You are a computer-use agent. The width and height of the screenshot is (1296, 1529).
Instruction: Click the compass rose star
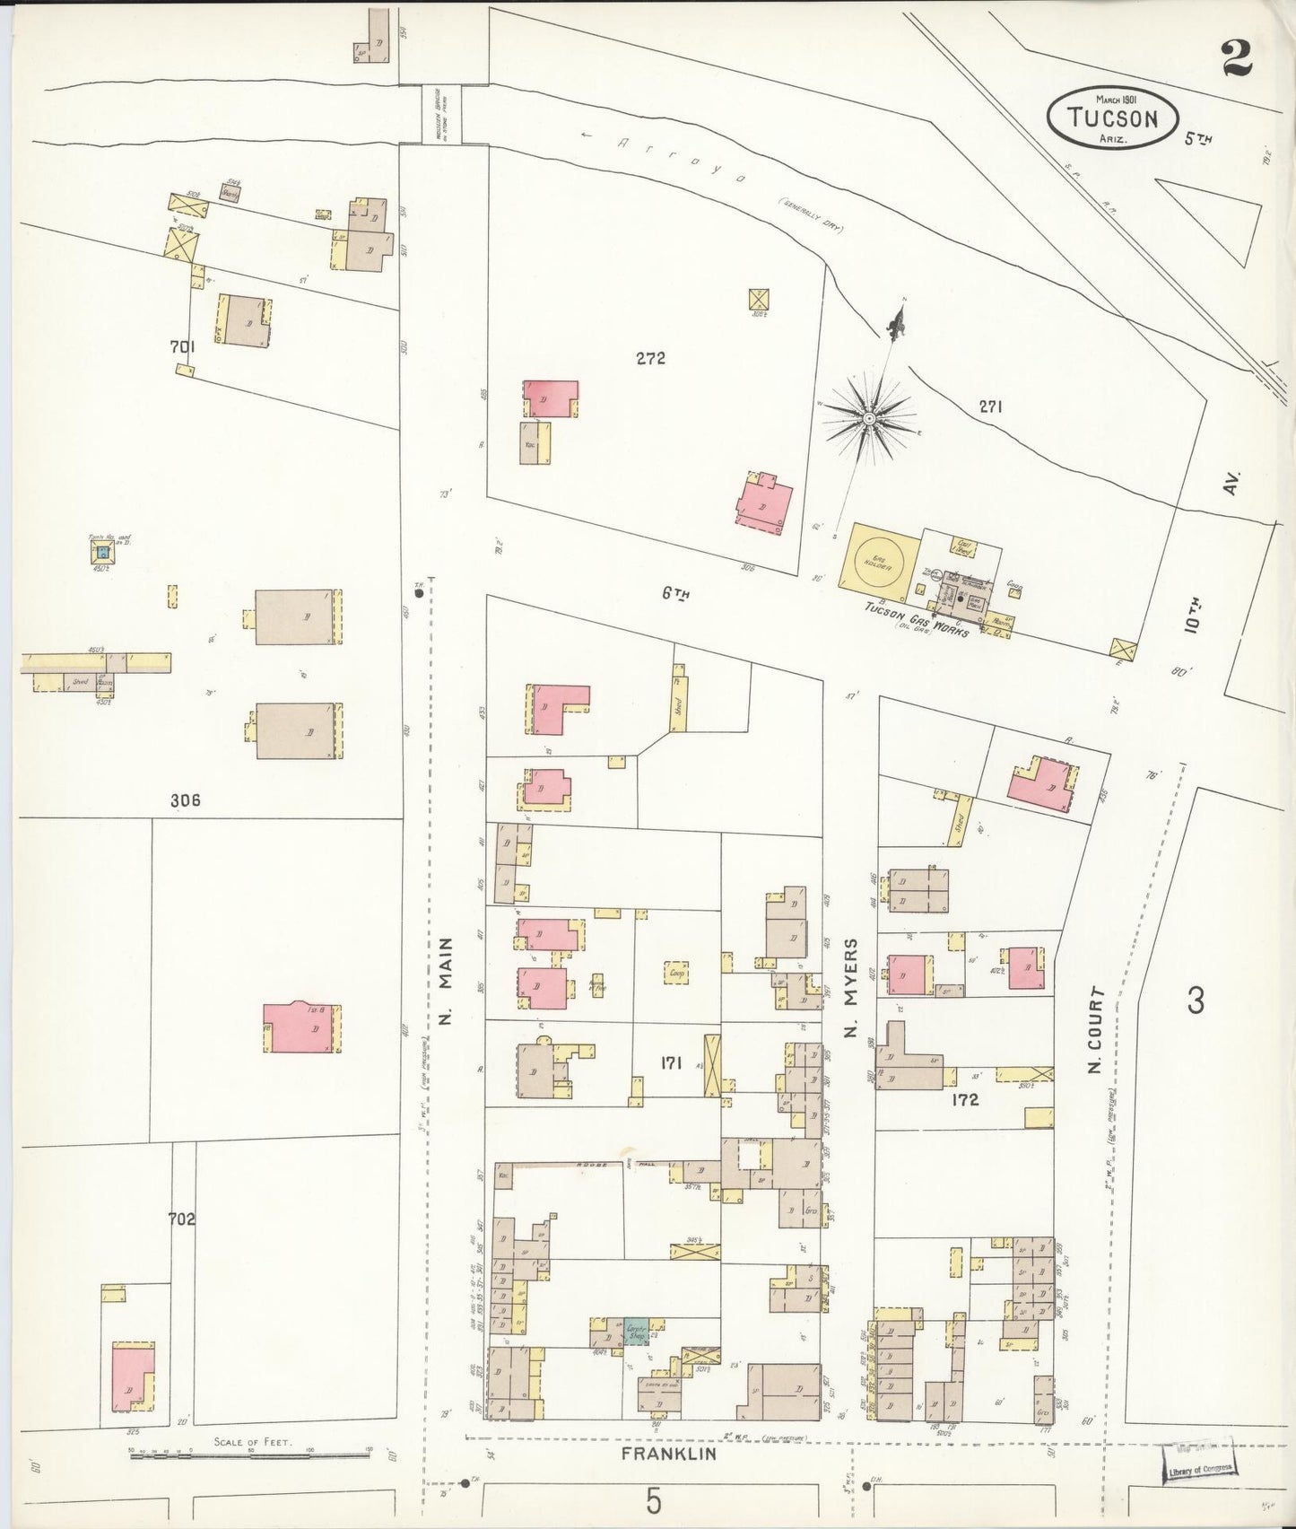(x=869, y=417)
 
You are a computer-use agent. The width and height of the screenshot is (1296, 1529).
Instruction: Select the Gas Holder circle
(x=878, y=557)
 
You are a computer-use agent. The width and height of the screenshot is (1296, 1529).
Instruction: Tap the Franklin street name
(x=668, y=1454)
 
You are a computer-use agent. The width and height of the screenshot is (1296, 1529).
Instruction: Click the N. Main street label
(x=446, y=982)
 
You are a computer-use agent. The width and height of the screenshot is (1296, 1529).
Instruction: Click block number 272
(x=650, y=359)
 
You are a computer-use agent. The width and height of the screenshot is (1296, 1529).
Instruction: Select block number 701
(x=183, y=345)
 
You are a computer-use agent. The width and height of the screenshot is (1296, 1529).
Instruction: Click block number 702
(x=181, y=1219)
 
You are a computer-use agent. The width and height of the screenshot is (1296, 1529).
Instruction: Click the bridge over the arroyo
(x=441, y=114)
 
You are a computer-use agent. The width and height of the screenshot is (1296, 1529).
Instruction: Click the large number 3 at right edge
(x=1196, y=1000)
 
